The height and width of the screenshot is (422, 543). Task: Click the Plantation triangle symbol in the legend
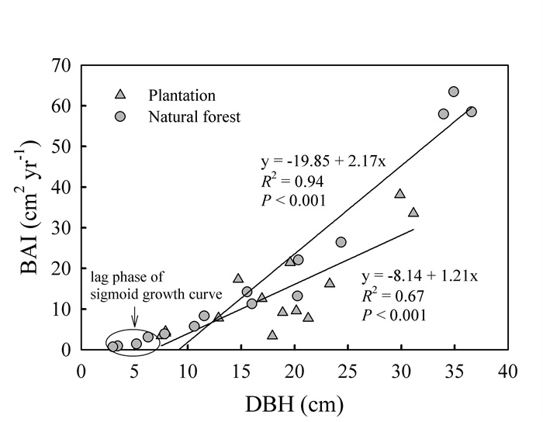pyautogui.click(x=120, y=95)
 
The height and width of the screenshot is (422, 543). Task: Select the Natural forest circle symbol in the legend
pyautogui.click(x=120, y=118)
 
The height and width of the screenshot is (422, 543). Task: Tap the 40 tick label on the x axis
pyautogui.click(x=507, y=371)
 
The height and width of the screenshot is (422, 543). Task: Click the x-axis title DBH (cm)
pyautogui.click(x=295, y=403)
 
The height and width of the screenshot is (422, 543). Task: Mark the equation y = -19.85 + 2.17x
pyautogui.click(x=323, y=162)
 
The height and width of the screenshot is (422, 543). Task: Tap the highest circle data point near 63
pyautogui.click(x=454, y=92)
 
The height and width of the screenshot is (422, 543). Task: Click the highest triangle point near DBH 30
pyautogui.click(x=400, y=193)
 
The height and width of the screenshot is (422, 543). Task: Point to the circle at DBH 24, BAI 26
pyautogui.click(x=341, y=242)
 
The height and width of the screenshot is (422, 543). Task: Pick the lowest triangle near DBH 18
pyautogui.click(x=272, y=334)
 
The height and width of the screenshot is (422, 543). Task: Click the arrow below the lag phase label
pyautogui.click(x=135, y=317)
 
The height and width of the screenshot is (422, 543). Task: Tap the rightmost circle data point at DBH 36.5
pyautogui.click(x=471, y=112)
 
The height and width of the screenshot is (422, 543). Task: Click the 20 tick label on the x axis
pyautogui.click(x=295, y=371)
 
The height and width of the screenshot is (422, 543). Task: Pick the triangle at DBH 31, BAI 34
pyautogui.click(x=413, y=212)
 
